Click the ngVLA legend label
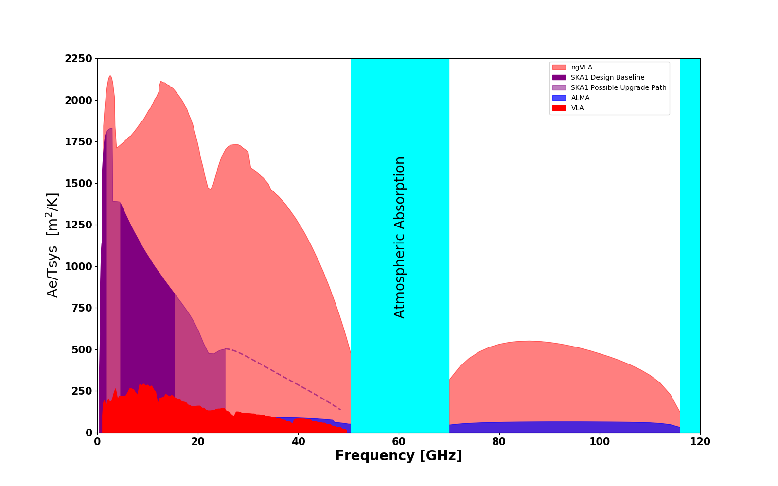582,68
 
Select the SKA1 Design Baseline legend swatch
559,78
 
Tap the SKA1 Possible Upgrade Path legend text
619,88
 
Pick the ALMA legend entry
580,98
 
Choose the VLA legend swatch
559,108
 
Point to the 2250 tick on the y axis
78,59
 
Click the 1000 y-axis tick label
78,267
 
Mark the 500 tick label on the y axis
82,350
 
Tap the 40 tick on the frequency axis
298,442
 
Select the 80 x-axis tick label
499,442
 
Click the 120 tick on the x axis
700,442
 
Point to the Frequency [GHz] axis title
398,456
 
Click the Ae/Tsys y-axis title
53,245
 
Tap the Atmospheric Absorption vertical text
399,237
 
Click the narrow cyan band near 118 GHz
690,243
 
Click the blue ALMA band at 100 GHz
600,427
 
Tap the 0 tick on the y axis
88,433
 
